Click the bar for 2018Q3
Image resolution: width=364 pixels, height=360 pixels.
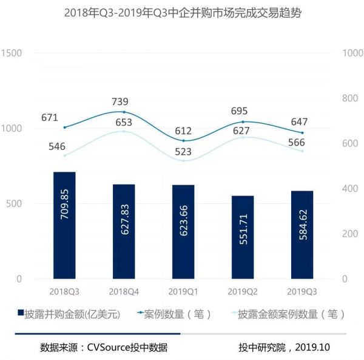click(64, 225)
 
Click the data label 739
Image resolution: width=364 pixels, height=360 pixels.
click(123, 101)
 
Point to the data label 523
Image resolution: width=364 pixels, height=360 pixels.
click(183, 152)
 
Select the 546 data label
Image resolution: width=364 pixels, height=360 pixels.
click(64, 146)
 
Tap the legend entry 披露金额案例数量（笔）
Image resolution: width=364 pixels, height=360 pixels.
click(285, 314)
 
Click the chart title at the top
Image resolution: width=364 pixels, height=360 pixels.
click(182, 13)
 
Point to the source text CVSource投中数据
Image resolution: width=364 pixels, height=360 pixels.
click(127, 348)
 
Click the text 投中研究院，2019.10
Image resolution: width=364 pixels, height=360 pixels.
click(283, 348)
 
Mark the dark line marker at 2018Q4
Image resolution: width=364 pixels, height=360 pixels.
click(124, 112)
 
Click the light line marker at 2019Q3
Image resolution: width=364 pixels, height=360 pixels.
click(302, 151)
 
